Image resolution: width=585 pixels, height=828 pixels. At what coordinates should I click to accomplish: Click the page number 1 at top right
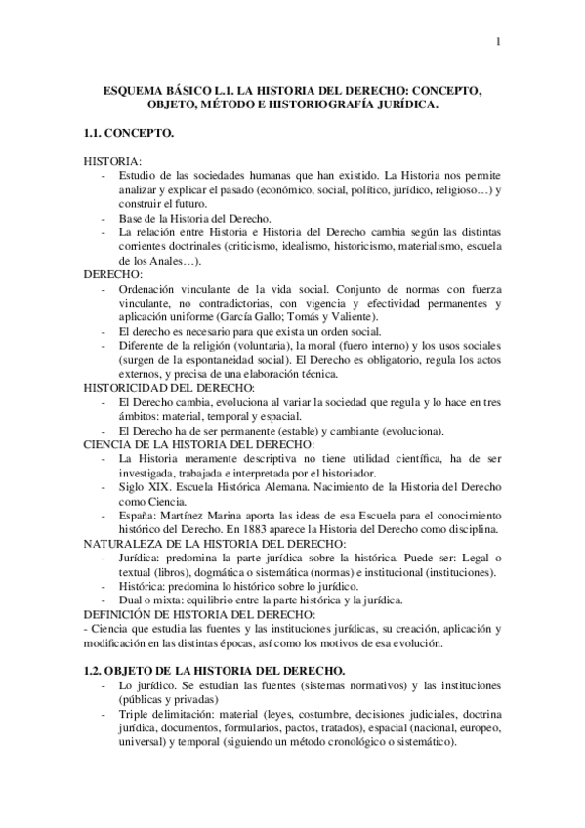pyautogui.click(x=499, y=40)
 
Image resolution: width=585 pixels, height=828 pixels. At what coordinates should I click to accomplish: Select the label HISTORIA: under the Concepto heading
pyautogui.click(x=112, y=159)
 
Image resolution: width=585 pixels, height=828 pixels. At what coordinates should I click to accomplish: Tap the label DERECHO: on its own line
pyautogui.click(x=112, y=276)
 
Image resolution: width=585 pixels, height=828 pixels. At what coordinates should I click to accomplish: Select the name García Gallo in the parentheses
pyautogui.click(x=232, y=318)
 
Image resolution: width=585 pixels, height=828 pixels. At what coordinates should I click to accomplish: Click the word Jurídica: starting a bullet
pyautogui.click(x=140, y=557)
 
